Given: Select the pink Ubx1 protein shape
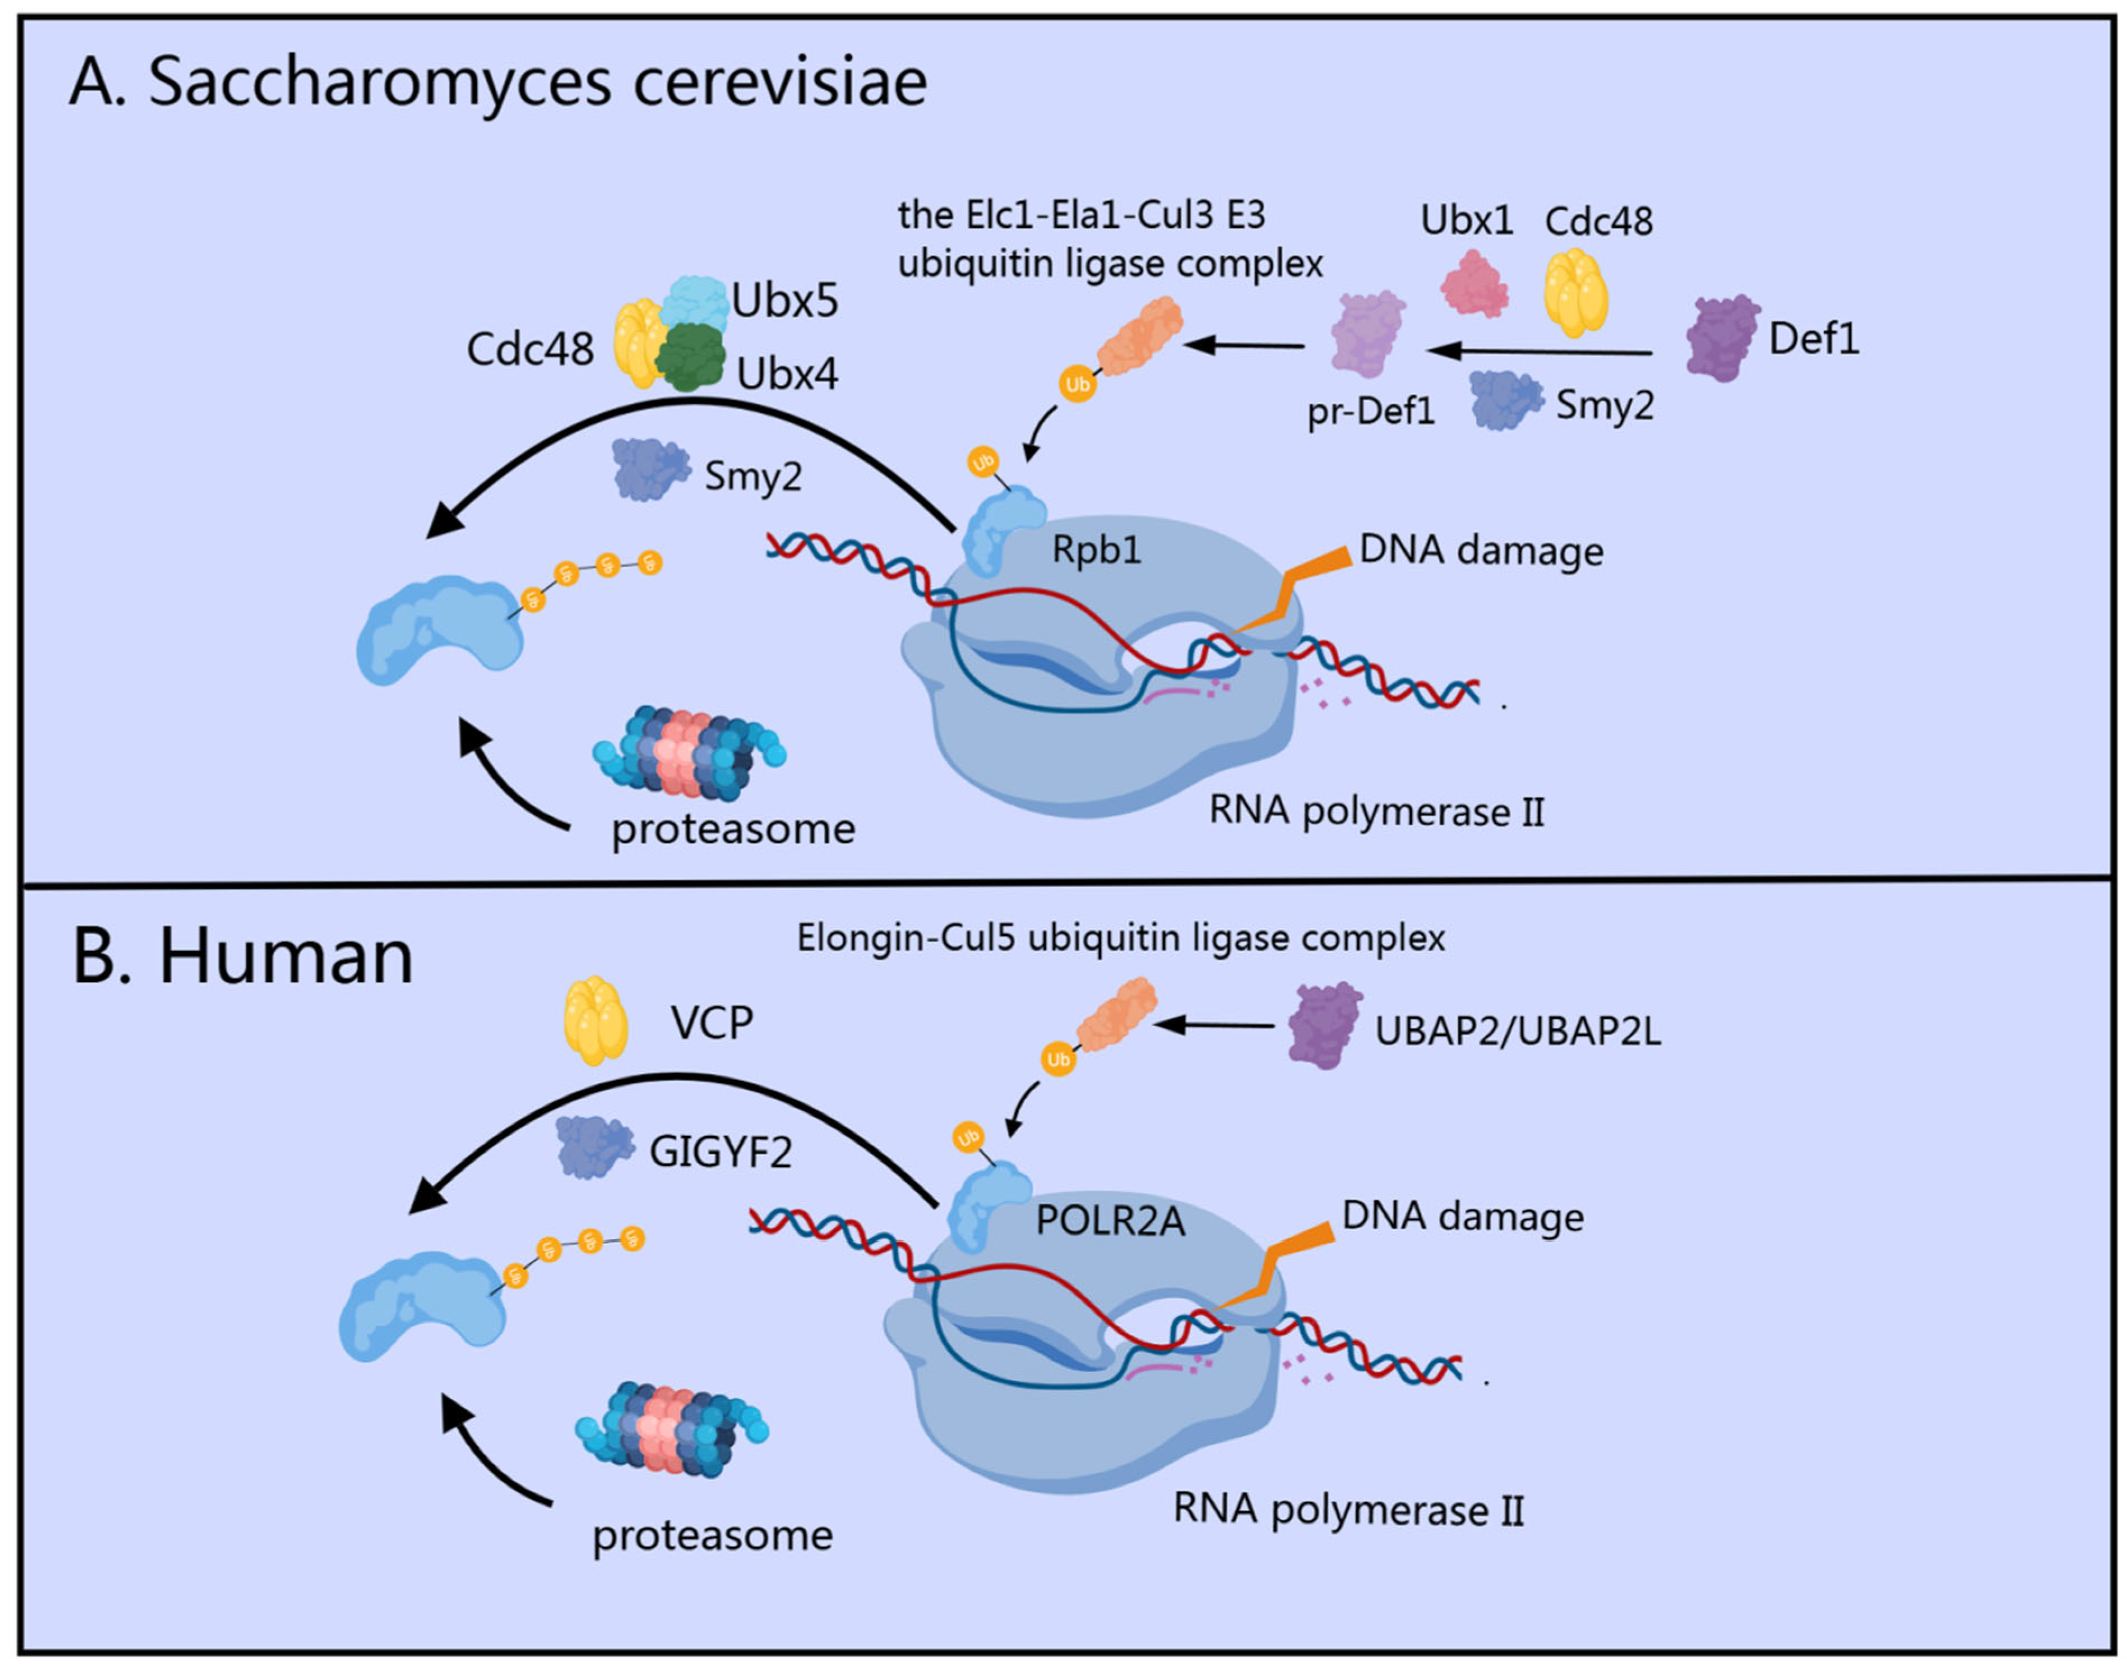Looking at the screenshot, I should click(x=1473, y=284).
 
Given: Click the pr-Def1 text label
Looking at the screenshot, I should click(x=1370, y=411).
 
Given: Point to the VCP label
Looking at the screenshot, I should click(x=711, y=1023).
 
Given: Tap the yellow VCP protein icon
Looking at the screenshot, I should click(x=596, y=1020).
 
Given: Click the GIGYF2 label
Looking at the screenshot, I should click(x=720, y=1153).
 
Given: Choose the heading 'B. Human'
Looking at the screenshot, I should click(x=242, y=957).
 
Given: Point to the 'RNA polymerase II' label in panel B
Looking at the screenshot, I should click(x=1347, y=1509).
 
